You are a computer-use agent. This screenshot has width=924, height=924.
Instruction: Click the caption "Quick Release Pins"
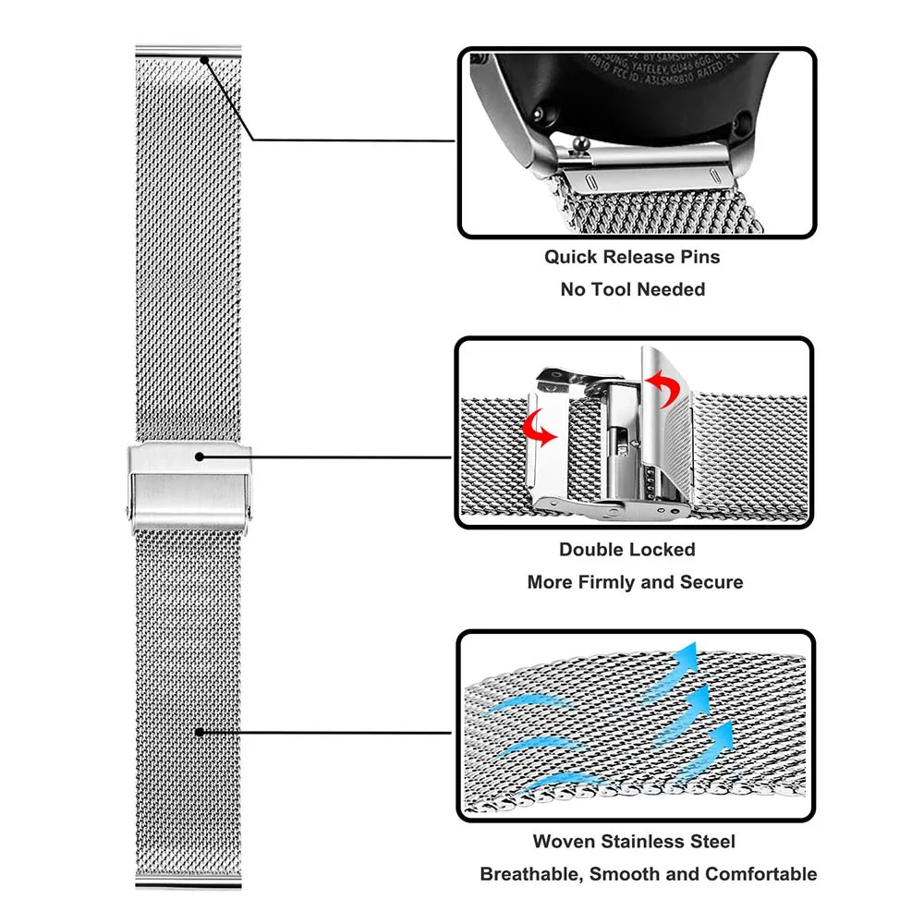coord(631,256)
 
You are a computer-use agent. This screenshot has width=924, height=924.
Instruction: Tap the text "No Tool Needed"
coord(632,289)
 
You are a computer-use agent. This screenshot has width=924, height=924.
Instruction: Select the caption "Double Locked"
coord(626,549)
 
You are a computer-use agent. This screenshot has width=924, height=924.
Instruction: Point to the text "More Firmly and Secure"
coord(635,582)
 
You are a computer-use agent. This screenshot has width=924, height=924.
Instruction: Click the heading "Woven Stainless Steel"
coord(634,841)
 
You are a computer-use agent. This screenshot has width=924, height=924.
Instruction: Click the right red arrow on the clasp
coord(658,383)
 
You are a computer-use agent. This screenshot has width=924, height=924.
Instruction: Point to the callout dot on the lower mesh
coord(198,732)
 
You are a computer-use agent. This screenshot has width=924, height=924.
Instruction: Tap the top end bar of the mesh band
coord(188,50)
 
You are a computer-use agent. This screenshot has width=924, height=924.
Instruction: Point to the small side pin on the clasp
coord(127,510)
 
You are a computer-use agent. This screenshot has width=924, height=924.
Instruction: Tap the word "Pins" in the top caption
coord(699,256)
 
